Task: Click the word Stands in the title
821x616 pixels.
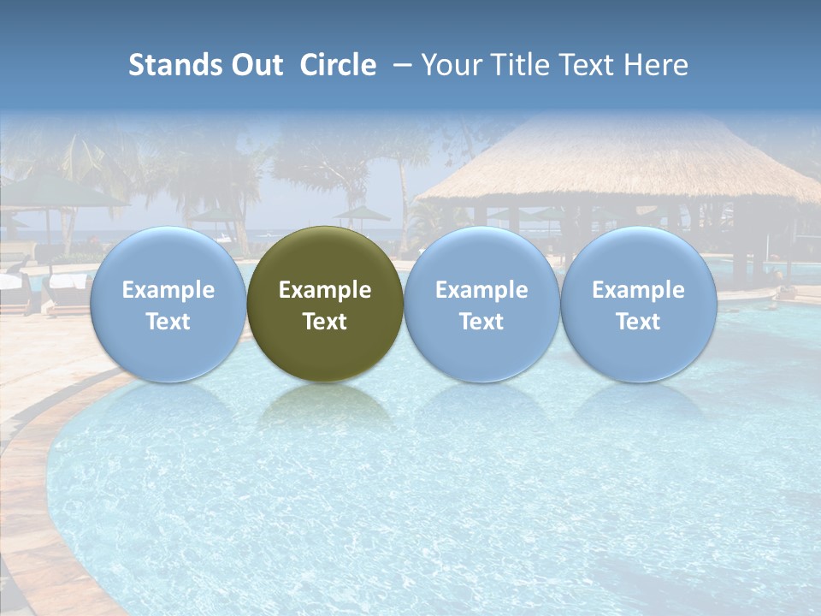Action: (174, 65)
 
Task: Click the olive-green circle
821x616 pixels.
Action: (325, 257)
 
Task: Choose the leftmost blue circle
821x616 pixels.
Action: (168, 257)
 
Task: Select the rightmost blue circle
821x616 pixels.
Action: (639, 257)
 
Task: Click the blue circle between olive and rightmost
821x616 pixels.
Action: (481, 257)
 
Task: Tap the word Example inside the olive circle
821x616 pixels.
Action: (325, 290)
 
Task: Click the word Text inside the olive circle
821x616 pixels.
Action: (325, 322)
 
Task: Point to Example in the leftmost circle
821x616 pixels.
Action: (168, 290)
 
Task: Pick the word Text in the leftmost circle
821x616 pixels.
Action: (168, 322)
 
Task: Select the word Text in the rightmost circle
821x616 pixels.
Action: (639, 322)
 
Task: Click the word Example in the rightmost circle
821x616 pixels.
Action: (639, 290)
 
